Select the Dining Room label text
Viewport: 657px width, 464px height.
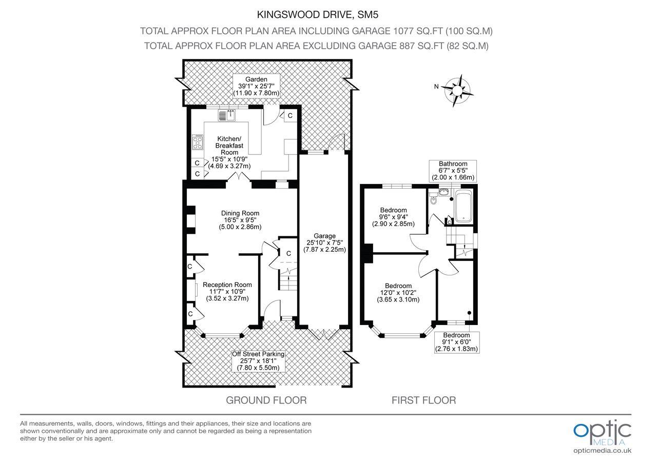point(240,220)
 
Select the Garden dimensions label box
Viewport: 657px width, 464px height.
point(256,86)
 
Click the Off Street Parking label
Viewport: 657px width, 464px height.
point(258,361)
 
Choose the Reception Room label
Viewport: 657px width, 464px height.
point(227,291)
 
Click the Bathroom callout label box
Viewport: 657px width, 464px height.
point(453,171)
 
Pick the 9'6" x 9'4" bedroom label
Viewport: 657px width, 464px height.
point(394,217)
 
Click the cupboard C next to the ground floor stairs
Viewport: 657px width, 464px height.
point(288,253)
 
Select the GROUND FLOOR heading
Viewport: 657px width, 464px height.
point(266,400)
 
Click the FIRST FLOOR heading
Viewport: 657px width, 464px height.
point(423,400)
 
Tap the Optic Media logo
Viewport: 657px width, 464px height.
point(602,434)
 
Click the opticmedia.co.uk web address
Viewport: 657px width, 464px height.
point(602,451)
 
